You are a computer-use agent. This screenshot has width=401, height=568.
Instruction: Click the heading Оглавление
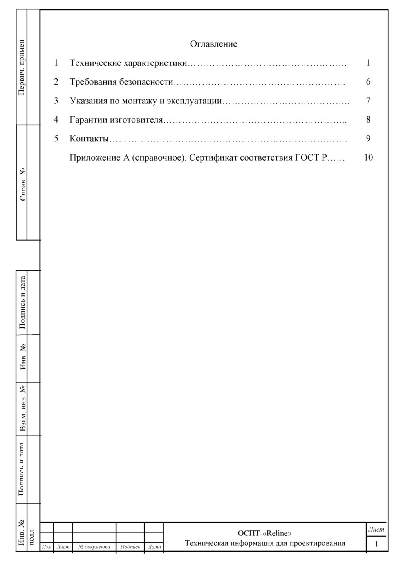click(213, 44)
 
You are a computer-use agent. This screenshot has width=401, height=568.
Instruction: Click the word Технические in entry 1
click(95, 63)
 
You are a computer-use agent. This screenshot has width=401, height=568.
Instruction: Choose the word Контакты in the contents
click(89, 139)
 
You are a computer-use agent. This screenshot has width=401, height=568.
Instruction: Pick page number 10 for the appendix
click(368, 158)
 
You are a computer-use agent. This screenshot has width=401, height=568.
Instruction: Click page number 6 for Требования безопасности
click(368, 82)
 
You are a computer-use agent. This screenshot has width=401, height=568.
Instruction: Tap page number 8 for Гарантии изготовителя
click(368, 120)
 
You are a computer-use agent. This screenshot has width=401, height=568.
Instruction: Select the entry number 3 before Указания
click(56, 101)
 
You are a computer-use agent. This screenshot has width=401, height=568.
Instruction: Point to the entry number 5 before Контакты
click(56, 139)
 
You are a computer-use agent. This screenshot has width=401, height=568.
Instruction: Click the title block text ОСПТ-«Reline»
click(265, 533)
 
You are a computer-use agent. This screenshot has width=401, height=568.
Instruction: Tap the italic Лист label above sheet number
click(376, 529)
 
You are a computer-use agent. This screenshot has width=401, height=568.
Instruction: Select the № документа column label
click(94, 547)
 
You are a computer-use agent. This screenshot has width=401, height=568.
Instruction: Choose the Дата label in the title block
click(154, 547)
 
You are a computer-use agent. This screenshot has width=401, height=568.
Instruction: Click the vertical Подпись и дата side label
click(22, 302)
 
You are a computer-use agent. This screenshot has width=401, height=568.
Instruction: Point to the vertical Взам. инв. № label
click(22, 409)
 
